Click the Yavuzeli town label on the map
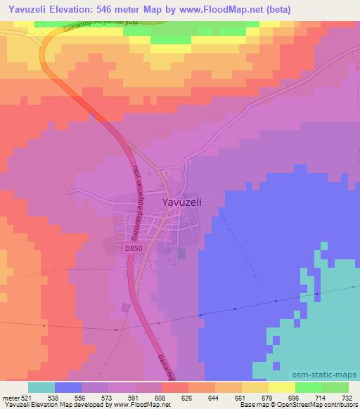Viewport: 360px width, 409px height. (x=182, y=201)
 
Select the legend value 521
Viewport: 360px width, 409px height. (x=27, y=397)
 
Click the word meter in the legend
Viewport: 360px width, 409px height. (x=10, y=397)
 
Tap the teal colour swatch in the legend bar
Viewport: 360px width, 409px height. (x=41, y=387)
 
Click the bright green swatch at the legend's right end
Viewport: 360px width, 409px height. (x=335, y=387)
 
